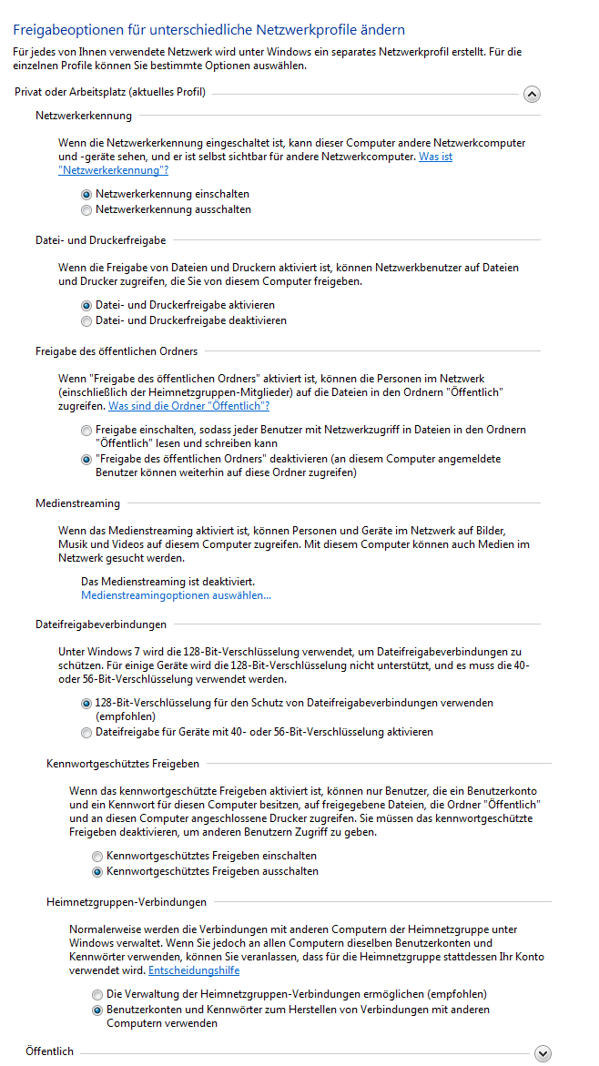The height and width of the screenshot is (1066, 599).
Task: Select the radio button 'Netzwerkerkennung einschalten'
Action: pos(86,194)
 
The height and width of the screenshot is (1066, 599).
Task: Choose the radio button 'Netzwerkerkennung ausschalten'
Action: pos(86,209)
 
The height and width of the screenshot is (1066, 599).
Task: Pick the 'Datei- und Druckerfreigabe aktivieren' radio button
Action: pos(86,305)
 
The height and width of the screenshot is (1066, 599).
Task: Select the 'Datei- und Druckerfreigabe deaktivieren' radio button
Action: pos(86,320)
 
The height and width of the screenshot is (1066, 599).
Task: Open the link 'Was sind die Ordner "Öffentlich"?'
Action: pos(188,405)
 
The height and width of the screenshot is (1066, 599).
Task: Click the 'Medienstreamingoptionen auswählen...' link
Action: pos(176,595)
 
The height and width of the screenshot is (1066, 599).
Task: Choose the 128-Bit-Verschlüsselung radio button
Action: pos(86,703)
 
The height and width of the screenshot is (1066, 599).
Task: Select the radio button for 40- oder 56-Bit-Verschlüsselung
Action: pos(86,732)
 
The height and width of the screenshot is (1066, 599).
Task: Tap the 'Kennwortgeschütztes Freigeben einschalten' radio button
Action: pos(97,856)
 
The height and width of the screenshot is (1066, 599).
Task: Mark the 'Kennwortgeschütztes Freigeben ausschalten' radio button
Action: pos(97,871)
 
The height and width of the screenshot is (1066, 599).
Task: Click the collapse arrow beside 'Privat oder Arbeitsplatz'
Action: pos(532,94)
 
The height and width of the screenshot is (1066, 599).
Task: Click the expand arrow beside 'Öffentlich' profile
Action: pos(543,1053)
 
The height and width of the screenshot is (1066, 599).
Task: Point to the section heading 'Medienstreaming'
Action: pos(77,503)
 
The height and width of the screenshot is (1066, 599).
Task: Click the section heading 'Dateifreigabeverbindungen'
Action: pos(101,624)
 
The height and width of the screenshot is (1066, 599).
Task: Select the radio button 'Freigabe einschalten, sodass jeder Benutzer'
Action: pos(86,430)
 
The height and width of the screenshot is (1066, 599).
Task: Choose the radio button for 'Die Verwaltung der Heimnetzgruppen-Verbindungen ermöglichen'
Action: pos(97,994)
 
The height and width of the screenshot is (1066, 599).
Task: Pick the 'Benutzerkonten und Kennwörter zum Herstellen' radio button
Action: pos(97,1010)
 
